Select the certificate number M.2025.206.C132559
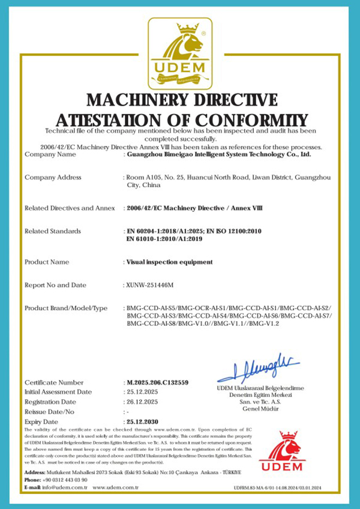pyautogui.click(x=158, y=382)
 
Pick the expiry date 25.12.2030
pyautogui.click(x=143, y=422)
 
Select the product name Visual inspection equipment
pyautogui.click(x=170, y=262)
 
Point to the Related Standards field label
pyautogui.click(x=53, y=231)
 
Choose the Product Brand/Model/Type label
pyautogui.click(x=66, y=308)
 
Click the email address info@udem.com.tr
pyautogui.click(x=65, y=487)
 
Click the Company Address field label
pyautogui.click(x=53, y=177)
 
